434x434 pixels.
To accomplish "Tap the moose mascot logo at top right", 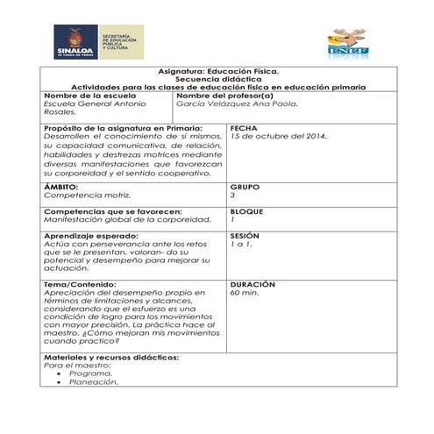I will (x=347, y=42).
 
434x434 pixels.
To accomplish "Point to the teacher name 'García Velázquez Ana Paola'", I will (x=237, y=103).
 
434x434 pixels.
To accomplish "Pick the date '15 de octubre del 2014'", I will (x=278, y=137).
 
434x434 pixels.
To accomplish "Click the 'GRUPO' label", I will (x=245, y=187).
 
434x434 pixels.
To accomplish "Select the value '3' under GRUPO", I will (x=232, y=196).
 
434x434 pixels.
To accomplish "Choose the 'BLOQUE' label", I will (x=247, y=211).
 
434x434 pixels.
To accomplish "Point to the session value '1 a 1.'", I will (x=240, y=245).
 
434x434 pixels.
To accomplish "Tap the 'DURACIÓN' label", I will (x=253, y=285).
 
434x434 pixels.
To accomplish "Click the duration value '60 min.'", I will (x=245, y=294).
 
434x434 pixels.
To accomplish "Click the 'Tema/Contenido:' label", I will (x=77, y=285).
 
